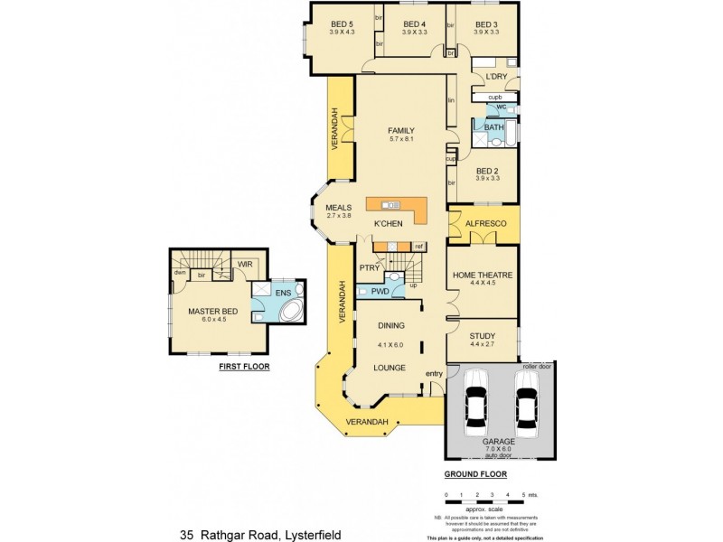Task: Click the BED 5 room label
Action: coord(342,24)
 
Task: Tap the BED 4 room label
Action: coord(414,24)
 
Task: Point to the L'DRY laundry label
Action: coord(495,77)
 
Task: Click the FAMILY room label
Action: coord(400,130)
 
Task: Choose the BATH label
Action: coord(493,127)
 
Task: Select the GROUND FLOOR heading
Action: coord(475,473)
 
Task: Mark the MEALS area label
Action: coord(338,208)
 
